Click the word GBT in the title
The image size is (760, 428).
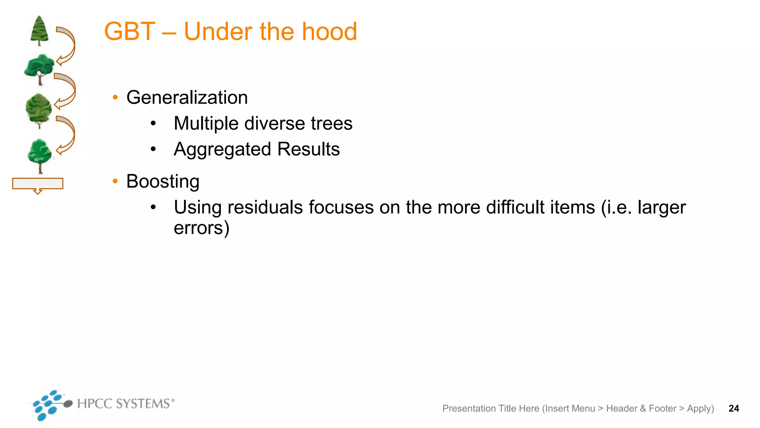coord(130,32)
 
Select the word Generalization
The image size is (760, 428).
coord(187,98)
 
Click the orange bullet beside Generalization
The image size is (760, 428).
coord(115,97)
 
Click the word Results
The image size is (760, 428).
coord(308,149)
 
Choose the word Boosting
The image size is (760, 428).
coord(163,182)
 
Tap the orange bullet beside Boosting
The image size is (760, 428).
coord(115,181)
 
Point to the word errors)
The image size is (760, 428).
coord(202,228)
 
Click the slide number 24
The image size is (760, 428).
coord(734,408)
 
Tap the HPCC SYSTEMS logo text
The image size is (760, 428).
coord(124,403)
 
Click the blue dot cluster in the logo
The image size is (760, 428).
coord(47,405)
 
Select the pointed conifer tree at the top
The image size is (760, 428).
coord(39,30)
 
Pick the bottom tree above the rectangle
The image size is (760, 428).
coord(40,155)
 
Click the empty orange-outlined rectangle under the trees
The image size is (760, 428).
coord(37,184)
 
